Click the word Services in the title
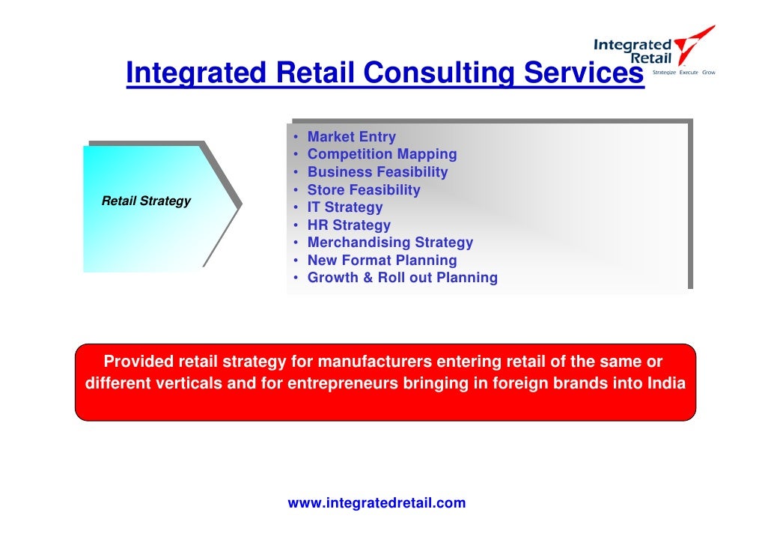coord(579,73)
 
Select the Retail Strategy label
coord(146,201)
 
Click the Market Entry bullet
coord(351,137)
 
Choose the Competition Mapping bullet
coord(382,154)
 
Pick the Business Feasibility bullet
coord(377,172)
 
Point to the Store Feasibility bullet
coord(364,190)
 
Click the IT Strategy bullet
coord(344,207)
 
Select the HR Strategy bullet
coord(349,225)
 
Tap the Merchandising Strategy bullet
coord(390,243)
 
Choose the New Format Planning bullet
coord(382,261)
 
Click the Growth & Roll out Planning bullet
coord(402,278)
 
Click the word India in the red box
coord(666,385)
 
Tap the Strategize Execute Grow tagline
coord(684,73)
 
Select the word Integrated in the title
coord(196,73)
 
